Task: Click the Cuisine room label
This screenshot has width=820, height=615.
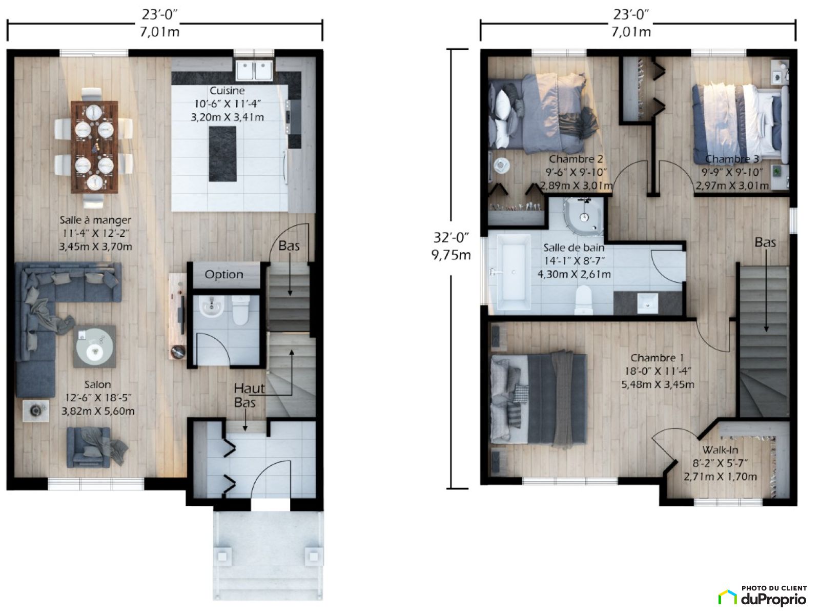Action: [227, 91]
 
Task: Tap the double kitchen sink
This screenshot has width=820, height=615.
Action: [254, 71]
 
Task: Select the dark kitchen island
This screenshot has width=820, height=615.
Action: [222, 154]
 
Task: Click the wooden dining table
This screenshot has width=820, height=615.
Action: [94, 147]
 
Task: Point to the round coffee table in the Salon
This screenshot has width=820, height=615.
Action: [94, 346]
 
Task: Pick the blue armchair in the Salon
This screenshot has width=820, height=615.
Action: [89, 447]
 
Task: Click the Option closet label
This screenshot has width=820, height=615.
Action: [224, 275]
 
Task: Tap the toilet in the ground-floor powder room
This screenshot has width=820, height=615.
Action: [240, 310]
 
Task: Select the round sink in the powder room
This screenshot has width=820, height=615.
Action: [212, 306]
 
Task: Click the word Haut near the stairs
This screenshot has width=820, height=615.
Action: [249, 388]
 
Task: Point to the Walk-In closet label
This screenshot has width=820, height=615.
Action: [720, 450]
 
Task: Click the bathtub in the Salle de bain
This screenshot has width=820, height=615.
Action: [514, 273]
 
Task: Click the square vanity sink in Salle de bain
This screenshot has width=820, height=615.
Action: [647, 303]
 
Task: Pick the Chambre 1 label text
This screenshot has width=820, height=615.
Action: [657, 358]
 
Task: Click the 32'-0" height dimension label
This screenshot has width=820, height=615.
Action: [451, 237]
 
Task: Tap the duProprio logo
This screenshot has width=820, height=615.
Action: [763, 598]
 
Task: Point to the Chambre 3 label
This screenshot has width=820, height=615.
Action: [732, 159]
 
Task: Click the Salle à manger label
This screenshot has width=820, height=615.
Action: [95, 220]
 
